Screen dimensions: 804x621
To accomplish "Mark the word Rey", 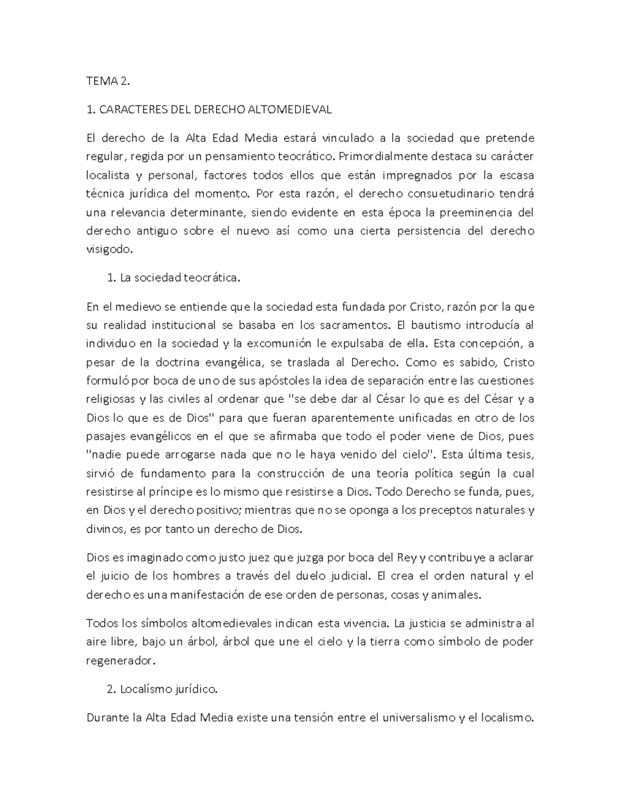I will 406,557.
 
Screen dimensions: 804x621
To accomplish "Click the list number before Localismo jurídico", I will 110,690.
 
